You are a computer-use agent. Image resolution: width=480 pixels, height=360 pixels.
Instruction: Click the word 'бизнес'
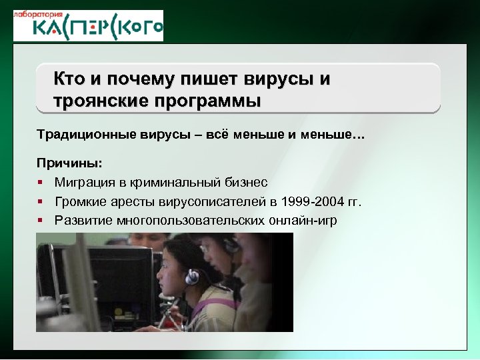pos(246,182)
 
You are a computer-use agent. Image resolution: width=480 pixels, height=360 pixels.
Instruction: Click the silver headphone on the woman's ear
pos(191,275)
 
